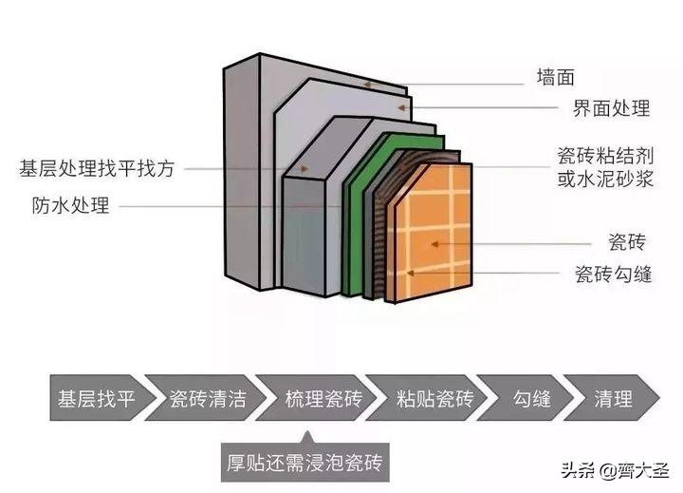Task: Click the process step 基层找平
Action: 96,398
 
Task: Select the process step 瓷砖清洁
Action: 207,398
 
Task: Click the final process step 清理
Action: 612,398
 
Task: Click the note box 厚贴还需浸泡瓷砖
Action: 305,464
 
